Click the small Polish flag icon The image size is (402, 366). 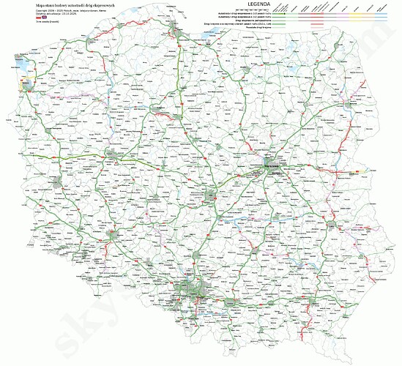click(x=27, y=18)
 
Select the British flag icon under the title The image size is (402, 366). click(x=33, y=18)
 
